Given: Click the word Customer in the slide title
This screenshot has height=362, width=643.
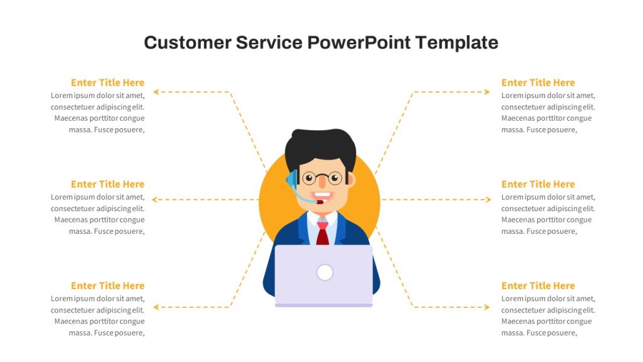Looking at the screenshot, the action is (x=188, y=43).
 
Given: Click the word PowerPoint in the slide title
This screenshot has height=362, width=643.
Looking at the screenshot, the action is (x=359, y=43).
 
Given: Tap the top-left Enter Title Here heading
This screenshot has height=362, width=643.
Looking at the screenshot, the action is (x=108, y=82).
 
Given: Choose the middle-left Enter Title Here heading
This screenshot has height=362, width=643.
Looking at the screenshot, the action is (x=108, y=184).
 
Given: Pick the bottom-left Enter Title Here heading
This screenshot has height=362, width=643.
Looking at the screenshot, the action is (x=108, y=286).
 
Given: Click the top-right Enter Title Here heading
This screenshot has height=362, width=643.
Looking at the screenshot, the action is (x=538, y=82).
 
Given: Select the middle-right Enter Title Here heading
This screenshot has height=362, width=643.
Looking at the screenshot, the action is (x=538, y=184).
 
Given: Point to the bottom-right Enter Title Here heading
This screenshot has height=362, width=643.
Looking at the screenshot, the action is (x=538, y=286).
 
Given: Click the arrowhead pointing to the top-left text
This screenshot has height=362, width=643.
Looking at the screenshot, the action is (x=156, y=92).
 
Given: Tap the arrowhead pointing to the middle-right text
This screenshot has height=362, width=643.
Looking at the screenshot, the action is (x=489, y=200).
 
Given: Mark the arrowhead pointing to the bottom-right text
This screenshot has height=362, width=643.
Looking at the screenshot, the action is (x=487, y=307).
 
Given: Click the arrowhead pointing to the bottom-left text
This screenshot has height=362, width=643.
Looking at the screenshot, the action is (x=156, y=307).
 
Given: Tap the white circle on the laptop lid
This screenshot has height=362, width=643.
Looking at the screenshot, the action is (x=325, y=273).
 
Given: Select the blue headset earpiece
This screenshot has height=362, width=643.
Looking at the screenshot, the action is (x=291, y=179).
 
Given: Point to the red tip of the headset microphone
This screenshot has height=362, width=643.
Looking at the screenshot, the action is (x=320, y=202).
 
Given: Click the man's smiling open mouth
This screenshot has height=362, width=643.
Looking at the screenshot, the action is (x=322, y=196).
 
